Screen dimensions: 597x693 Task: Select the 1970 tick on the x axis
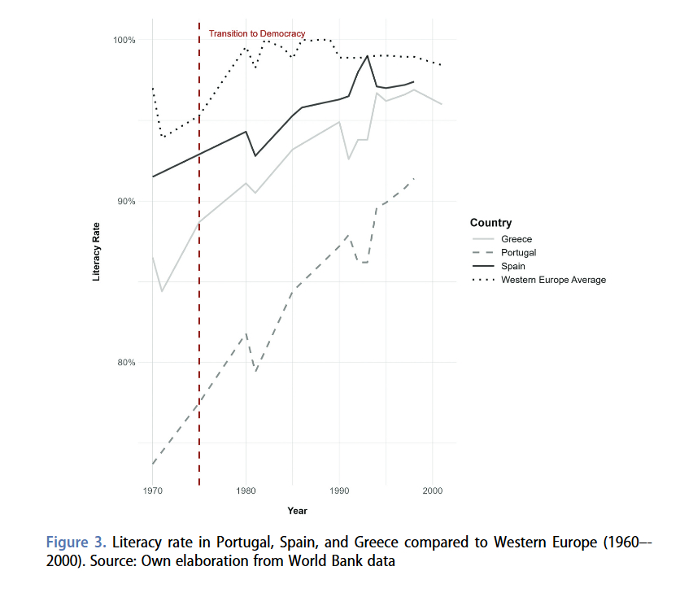(153, 491)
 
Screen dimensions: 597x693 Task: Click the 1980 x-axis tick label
(246, 491)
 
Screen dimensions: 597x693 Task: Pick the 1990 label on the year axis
(339, 491)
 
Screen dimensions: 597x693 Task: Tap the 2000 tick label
(432, 491)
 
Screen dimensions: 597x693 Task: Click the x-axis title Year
(297, 511)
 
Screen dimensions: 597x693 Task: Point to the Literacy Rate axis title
(97, 251)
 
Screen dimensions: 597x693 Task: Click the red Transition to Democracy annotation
(257, 34)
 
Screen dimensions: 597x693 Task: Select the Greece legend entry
(516, 239)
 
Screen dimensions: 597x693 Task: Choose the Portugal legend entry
(519, 253)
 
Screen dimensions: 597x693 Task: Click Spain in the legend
(513, 266)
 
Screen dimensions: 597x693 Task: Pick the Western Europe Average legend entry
(553, 280)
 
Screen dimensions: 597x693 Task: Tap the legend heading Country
(490, 223)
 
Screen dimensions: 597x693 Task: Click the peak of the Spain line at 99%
(368, 55)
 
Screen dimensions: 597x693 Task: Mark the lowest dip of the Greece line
(162, 291)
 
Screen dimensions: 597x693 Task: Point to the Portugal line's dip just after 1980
(255, 372)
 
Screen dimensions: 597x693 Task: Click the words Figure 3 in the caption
(76, 542)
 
